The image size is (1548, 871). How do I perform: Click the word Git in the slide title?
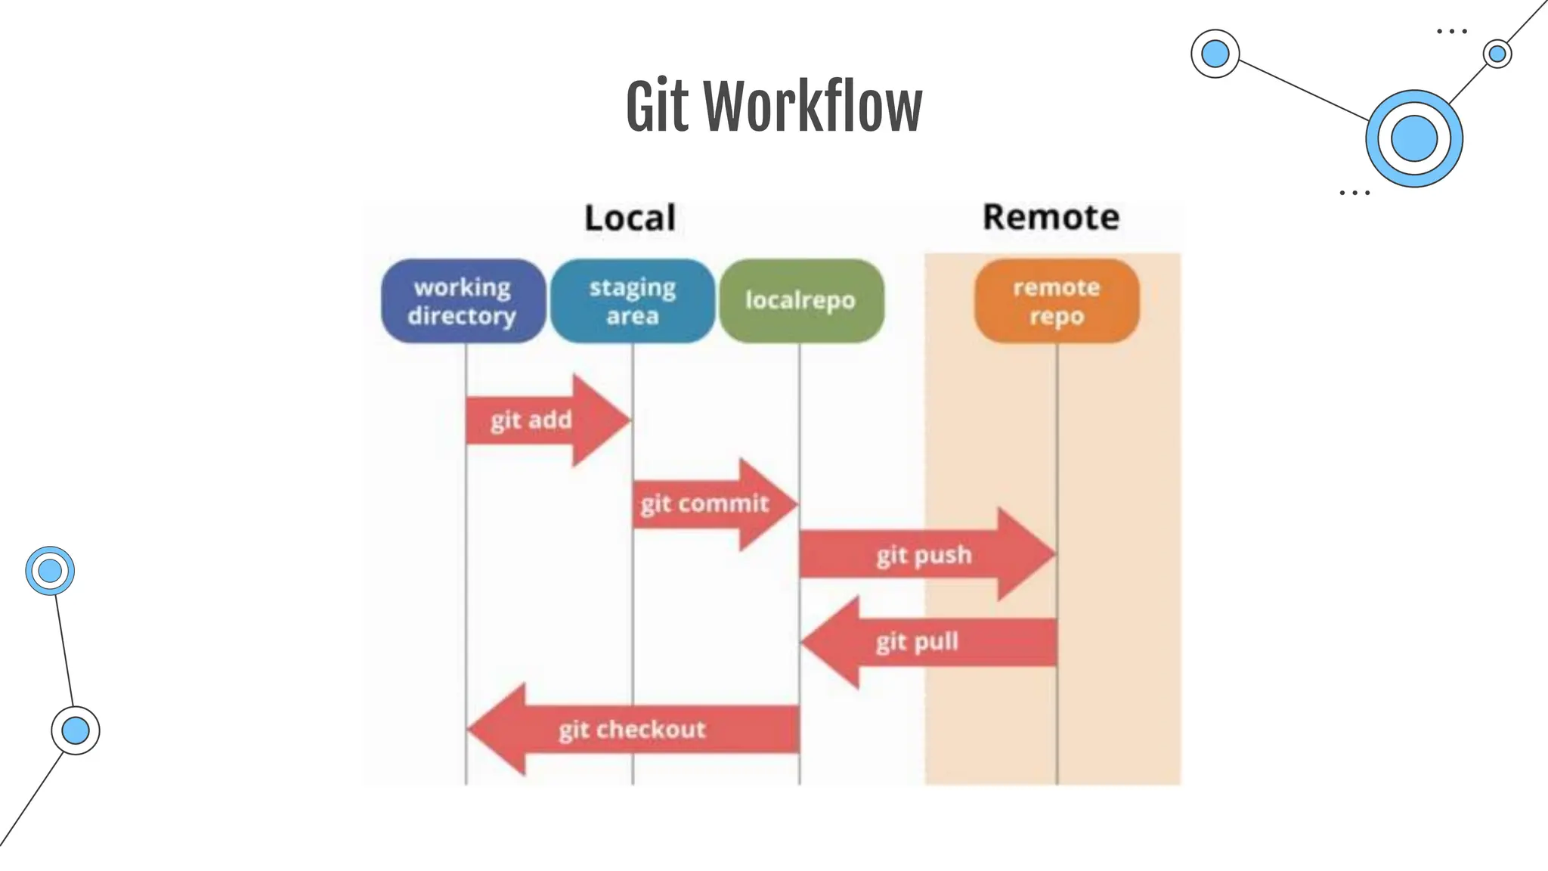click(657, 107)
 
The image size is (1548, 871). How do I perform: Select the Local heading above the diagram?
click(630, 218)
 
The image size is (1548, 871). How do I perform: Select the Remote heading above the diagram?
click(1051, 217)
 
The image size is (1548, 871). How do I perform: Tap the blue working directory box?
click(463, 301)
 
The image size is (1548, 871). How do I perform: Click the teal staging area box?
click(633, 301)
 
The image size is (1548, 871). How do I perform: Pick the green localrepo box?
click(800, 301)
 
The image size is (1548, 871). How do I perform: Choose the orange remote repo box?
click(1056, 301)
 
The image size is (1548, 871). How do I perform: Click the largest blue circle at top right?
click(1413, 139)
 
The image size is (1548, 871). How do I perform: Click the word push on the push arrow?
click(943, 556)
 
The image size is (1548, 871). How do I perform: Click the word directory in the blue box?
click(462, 316)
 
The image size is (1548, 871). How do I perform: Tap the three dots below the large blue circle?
click(1354, 194)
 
